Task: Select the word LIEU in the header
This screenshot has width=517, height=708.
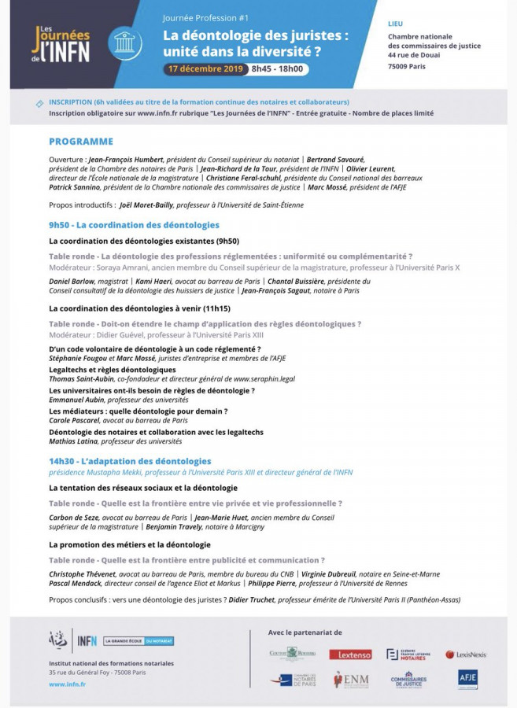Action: tap(395, 24)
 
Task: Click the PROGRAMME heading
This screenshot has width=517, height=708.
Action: tap(81, 142)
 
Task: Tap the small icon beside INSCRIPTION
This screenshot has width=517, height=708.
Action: tap(39, 103)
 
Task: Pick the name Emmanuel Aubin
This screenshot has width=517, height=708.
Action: tap(76, 400)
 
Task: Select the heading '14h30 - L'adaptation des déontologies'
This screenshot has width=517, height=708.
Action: tap(130, 461)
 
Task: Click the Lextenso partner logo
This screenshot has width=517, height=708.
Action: tap(350, 654)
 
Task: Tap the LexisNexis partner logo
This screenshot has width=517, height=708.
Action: tap(466, 654)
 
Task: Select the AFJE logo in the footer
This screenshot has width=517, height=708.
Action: tap(467, 678)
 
